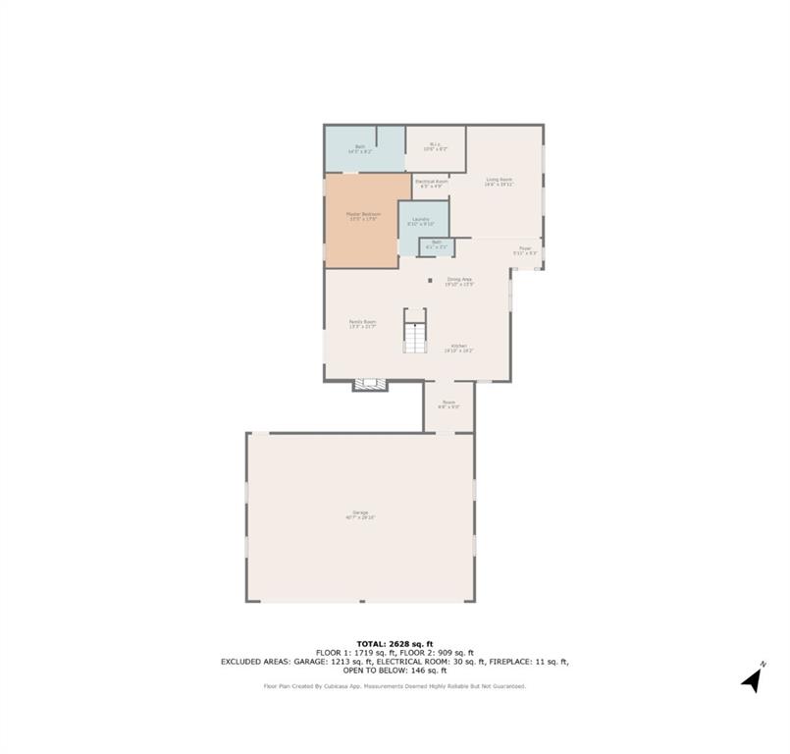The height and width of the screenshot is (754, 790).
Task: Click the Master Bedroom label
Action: pyautogui.click(x=362, y=216)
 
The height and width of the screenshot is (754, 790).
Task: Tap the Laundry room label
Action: pyautogui.click(x=420, y=221)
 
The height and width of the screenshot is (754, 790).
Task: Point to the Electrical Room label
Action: pyautogui.click(x=432, y=183)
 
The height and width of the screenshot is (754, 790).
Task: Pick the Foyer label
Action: pyautogui.click(x=525, y=250)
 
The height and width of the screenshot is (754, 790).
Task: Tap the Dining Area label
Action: pyautogui.click(x=460, y=282)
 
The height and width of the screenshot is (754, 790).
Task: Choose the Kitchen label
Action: pyautogui.click(x=458, y=348)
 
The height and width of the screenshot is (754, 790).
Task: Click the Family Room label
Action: pyautogui.click(x=362, y=323)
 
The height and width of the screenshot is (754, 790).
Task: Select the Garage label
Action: pyautogui.click(x=360, y=514)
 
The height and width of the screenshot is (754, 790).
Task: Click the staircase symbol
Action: pyautogui.click(x=415, y=340)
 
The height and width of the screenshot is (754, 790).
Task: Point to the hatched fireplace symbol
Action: pyautogui.click(x=370, y=385)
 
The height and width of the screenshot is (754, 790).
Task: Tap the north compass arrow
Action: pyautogui.click(x=753, y=678)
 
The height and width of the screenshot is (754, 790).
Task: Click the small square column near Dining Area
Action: pyautogui.click(x=430, y=281)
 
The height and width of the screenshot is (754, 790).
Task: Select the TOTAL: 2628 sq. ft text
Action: pyautogui.click(x=394, y=643)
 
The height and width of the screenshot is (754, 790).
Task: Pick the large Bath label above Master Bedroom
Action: pyautogui.click(x=360, y=148)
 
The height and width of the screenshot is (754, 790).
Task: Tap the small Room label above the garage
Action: pyautogui.click(x=448, y=403)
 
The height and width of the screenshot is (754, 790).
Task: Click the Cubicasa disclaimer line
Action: pyautogui.click(x=395, y=686)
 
